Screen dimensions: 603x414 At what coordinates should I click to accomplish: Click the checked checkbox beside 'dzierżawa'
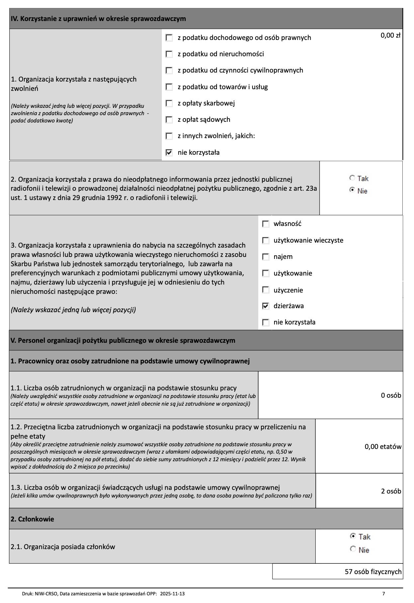(x=265, y=306)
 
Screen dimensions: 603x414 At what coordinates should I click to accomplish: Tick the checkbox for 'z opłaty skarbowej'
(x=169, y=103)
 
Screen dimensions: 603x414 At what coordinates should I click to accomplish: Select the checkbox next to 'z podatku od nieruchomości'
(x=169, y=54)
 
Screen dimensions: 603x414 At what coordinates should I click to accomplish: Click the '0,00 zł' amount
(x=390, y=35)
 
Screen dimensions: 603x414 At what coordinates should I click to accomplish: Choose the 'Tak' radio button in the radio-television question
(x=352, y=178)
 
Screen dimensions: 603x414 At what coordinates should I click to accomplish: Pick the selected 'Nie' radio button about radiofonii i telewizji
(x=352, y=191)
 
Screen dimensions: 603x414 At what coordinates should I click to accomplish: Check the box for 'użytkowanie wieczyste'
(x=265, y=240)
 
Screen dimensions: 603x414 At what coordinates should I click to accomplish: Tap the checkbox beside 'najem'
(x=265, y=257)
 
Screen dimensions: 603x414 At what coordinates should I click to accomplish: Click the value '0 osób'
(x=391, y=395)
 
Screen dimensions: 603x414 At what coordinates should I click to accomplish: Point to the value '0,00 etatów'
(x=383, y=447)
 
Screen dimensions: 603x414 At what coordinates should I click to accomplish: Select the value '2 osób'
(x=391, y=491)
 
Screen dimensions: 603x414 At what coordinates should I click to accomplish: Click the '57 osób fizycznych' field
(x=373, y=572)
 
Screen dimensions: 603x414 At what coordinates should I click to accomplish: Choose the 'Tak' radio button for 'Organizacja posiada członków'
(x=353, y=536)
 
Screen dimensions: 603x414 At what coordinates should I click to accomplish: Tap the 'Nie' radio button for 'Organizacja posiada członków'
(x=353, y=549)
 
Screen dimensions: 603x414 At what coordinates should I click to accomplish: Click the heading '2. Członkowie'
(x=32, y=519)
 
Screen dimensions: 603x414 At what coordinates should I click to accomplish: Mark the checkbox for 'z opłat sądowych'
(x=169, y=119)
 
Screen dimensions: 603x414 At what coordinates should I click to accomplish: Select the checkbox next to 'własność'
(x=265, y=224)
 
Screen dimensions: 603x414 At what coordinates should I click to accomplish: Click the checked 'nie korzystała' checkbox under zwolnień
(x=169, y=153)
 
